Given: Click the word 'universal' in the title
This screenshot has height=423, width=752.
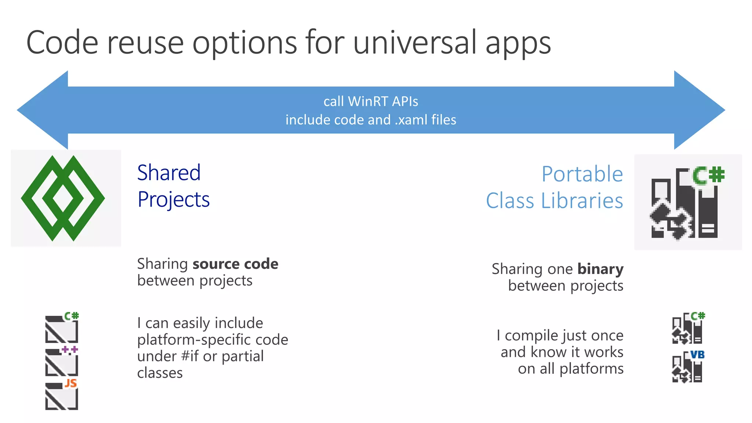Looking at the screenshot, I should pyautogui.click(x=415, y=43).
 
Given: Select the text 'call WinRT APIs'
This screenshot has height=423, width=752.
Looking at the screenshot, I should pyautogui.click(x=370, y=101).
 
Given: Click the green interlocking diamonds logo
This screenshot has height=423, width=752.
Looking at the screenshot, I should pyautogui.click(x=63, y=198).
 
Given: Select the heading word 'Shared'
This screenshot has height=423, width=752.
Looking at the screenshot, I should pyautogui.click(x=169, y=173).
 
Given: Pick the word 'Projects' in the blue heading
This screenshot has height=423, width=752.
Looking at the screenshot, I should pyautogui.click(x=173, y=200).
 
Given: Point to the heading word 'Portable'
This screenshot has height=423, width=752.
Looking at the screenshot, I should pyautogui.click(x=582, y=174).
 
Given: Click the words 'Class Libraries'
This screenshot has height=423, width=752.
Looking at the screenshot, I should pyautogui.click(x=554, y=201).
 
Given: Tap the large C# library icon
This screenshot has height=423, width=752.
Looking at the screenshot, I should pyautogui.click(x=687, y=203).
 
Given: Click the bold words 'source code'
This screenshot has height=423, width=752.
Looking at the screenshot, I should pyautogui.click(x=235, y=264).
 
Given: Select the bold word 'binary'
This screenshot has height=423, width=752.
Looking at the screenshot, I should pyautogui.click(x=600, y=269).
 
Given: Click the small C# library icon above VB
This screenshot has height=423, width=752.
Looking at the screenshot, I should pyautogui.click(x=687, y=328).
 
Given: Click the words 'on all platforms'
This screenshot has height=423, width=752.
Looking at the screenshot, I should pyautogui.click(x=571, y=369).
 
